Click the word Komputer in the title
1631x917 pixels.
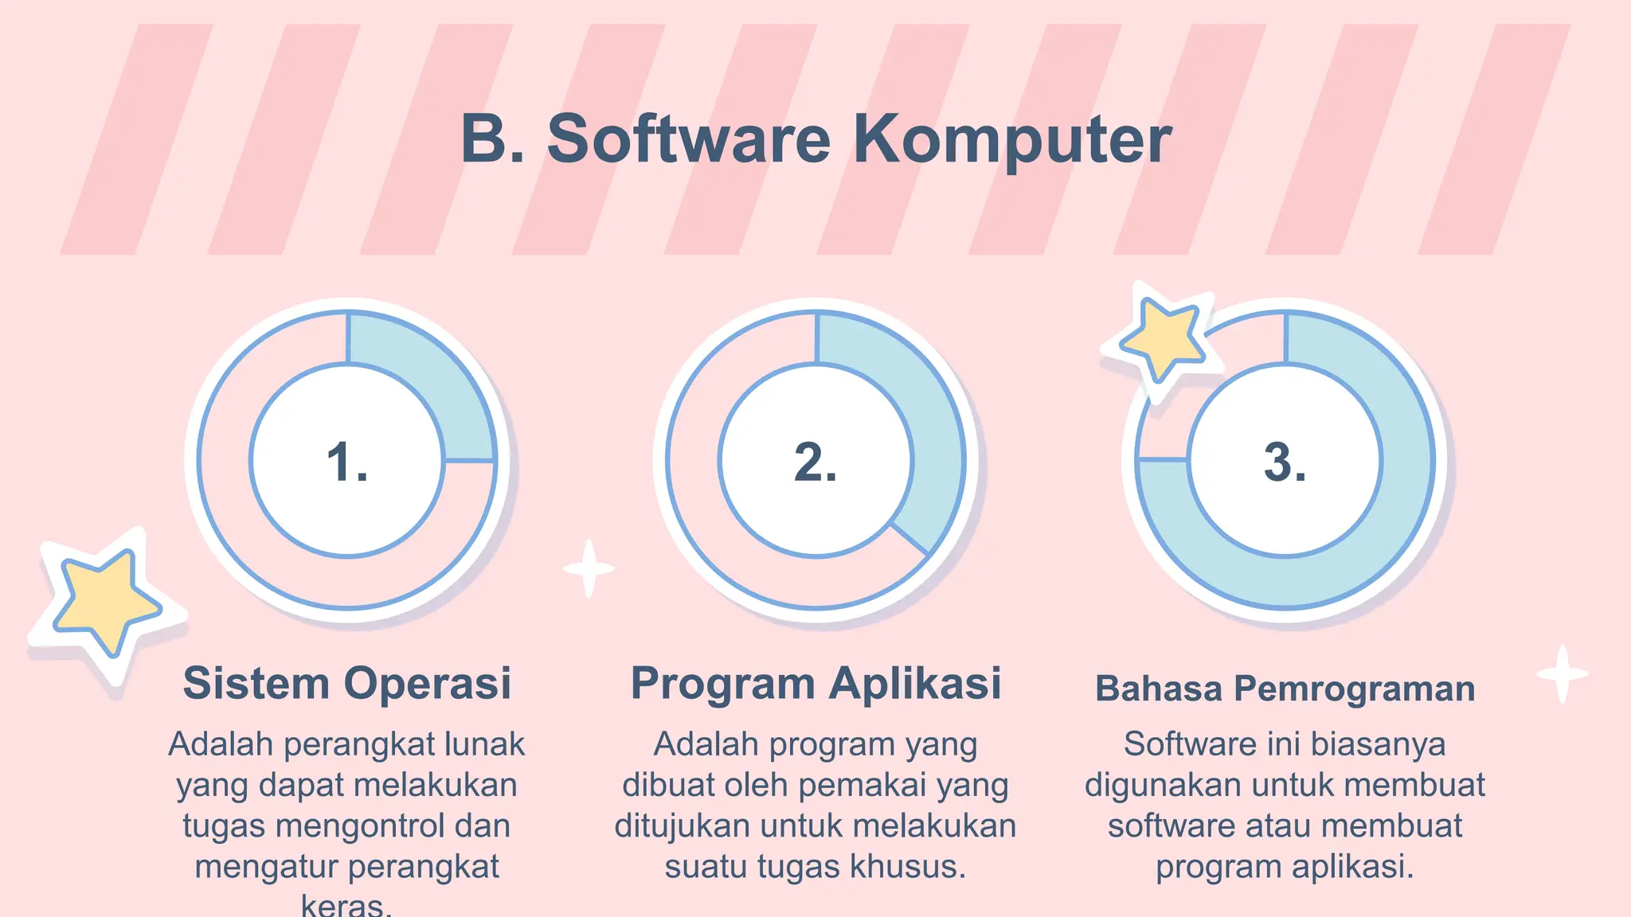[1012, 140]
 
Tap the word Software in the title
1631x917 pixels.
[689, 140]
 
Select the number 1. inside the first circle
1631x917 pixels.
[347, 462]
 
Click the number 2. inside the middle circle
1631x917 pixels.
[815, 462]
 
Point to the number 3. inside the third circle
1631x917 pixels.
[1285, 462]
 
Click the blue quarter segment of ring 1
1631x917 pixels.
[426, 382]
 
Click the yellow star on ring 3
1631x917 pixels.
[1164, 338]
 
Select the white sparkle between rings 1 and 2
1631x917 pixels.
[589, 568]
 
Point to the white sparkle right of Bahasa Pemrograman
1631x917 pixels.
[1562, 674]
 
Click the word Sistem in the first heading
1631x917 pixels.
[256, 684]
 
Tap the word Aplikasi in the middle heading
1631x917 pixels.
[915, 684]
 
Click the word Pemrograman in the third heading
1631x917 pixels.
[1355, 689]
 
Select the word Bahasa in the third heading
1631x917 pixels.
[1158, 689]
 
